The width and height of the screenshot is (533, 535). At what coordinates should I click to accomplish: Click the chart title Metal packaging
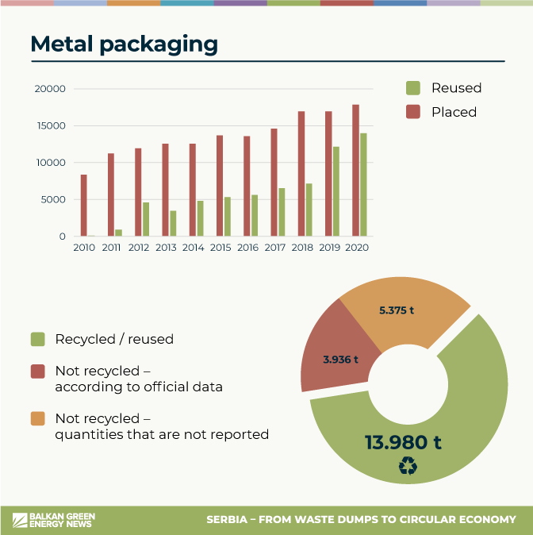pos(124,44)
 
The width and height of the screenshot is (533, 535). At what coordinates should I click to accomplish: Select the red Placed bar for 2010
pos(84,206)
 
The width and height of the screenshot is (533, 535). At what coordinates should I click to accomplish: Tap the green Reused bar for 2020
pos(363,185)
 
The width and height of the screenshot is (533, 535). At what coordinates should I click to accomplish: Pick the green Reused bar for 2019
pos(336,191)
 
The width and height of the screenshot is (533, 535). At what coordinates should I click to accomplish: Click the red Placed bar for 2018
pos(301,174)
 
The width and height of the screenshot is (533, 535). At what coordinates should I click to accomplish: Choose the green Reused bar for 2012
pos(146,219)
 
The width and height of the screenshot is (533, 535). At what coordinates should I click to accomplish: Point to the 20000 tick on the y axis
pos(50,89)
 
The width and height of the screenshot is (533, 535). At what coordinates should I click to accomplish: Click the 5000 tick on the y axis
pos(52,199)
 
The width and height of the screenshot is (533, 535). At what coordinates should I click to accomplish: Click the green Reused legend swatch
pos(412,88)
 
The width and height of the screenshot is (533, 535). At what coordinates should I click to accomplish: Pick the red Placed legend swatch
pos(412,112)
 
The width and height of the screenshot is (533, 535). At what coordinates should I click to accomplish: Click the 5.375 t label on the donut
pos(397,310)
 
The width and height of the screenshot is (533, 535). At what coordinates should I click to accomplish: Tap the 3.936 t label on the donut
pos(340,360)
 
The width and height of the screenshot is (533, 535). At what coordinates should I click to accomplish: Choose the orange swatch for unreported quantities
pos(37,418)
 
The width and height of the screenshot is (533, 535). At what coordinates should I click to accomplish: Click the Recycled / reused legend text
pos(114,339)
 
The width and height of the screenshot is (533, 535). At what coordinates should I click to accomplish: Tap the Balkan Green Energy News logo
pos(52,520)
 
